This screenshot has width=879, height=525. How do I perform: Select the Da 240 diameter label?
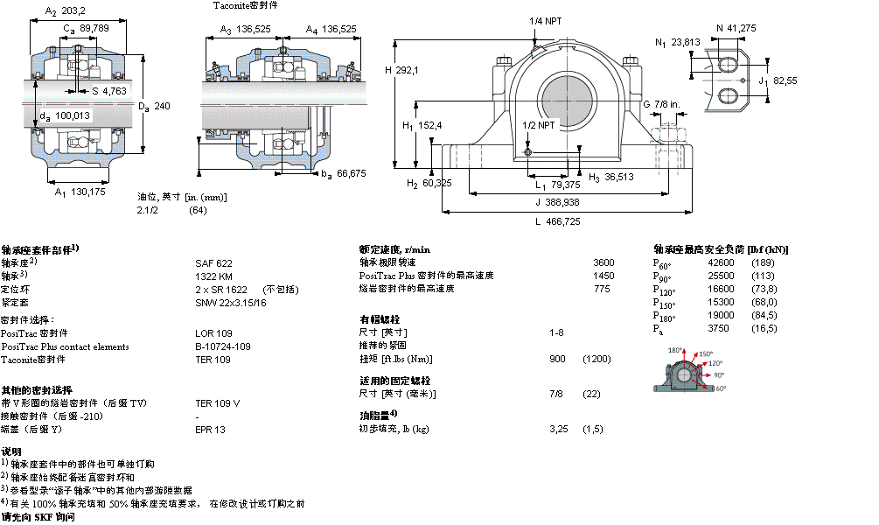[154, 106]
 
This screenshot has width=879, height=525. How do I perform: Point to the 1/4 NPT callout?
[545, 22]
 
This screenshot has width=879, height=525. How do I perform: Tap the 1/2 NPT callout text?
[538, 125]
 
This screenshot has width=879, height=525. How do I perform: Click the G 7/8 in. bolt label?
[663, 104]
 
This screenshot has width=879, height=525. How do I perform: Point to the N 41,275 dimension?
[736, 27]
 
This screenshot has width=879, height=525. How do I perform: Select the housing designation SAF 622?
[213, 262]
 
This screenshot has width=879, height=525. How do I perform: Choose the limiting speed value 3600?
[603, 262]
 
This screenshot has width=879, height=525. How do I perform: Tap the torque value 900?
[556, 360]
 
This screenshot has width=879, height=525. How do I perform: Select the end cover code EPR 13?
[210, 430]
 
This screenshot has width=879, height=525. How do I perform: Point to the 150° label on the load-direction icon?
[706, 354]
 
